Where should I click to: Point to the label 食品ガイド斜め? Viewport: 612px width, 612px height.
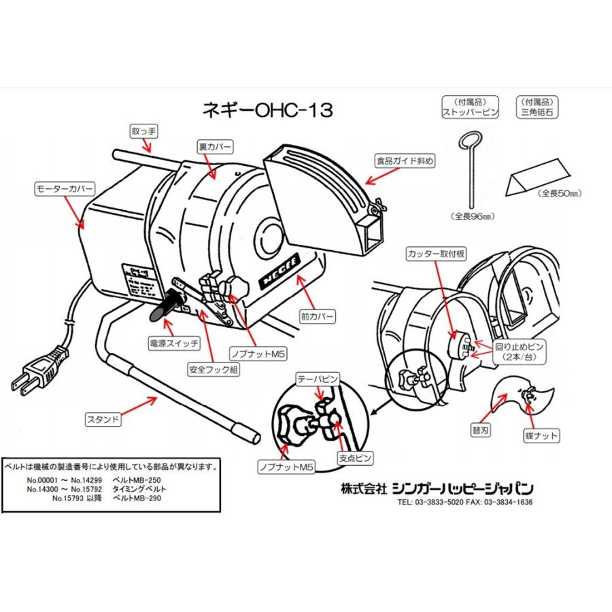tap(405, 160)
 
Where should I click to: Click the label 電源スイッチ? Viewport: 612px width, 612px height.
tap(173, 343)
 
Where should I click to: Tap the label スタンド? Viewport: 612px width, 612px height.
tap(104, 420)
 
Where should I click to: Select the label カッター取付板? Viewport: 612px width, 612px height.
tap(434, 254)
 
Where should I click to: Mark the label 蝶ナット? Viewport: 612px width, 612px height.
tap(543, 434)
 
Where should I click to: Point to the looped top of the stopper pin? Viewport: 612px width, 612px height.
tap(467, 141)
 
